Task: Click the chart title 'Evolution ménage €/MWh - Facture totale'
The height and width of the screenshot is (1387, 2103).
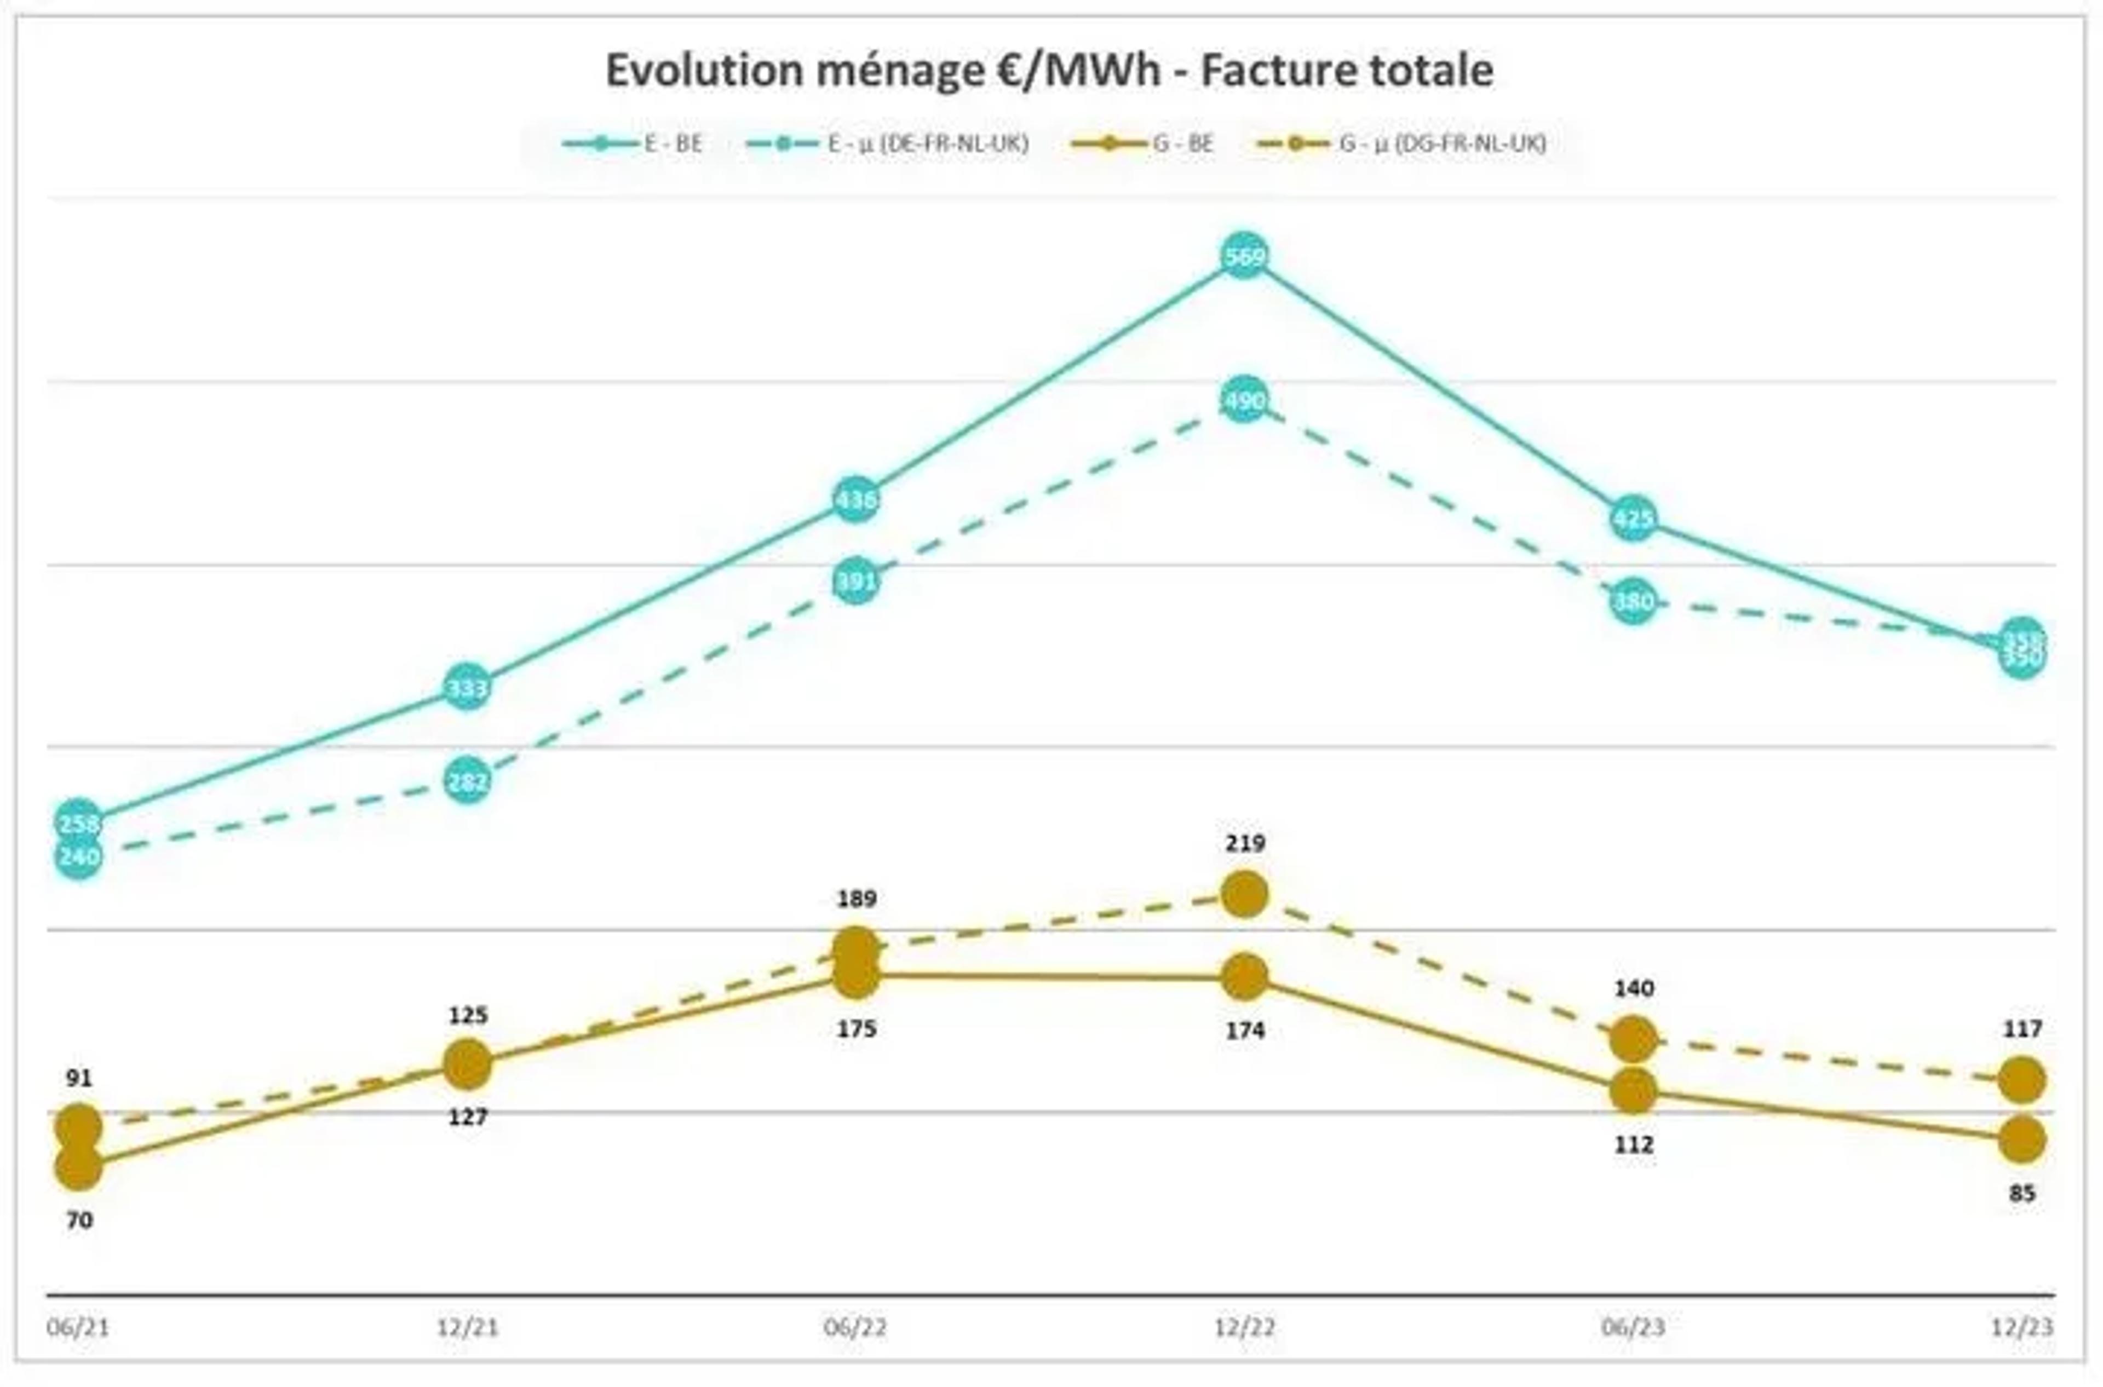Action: click(x=1049, y=71)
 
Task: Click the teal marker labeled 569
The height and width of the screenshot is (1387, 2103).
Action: click(x=1244, y=256)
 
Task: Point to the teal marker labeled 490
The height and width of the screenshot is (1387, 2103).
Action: click(x=1244, y=401)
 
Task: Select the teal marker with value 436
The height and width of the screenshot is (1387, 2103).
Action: click(x=855, y=500)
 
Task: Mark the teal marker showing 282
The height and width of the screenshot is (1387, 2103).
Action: click(x=467, y=780)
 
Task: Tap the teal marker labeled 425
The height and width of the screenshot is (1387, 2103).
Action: click(x=1633, y=519)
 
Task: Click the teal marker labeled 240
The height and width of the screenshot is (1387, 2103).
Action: click(x=79, y=856)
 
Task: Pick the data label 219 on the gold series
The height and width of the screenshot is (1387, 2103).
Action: click(x=1244, y=843)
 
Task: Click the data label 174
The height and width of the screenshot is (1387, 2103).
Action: click(x=1244, y=1029)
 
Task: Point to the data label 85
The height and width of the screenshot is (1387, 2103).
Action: click(x=2021, y=1193)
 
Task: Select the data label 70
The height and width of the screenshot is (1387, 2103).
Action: click(x=79, y=1221)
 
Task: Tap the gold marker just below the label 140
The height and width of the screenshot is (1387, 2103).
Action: click(x=1633, y=1039)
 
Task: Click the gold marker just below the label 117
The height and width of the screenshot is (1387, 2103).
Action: click(x=2021, y=1080)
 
